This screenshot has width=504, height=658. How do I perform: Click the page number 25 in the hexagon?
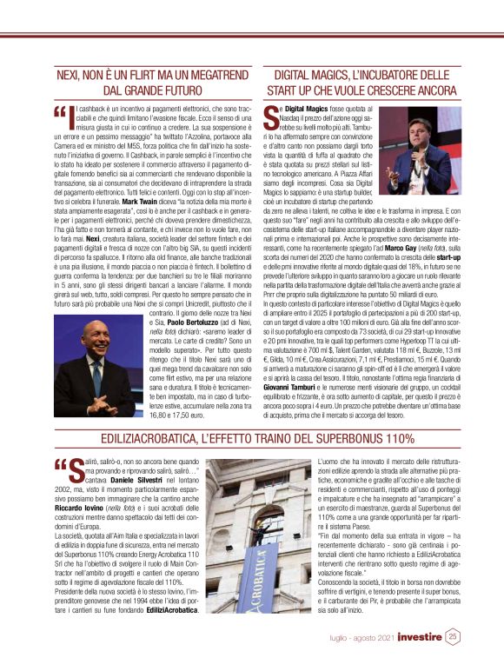(453, 636)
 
